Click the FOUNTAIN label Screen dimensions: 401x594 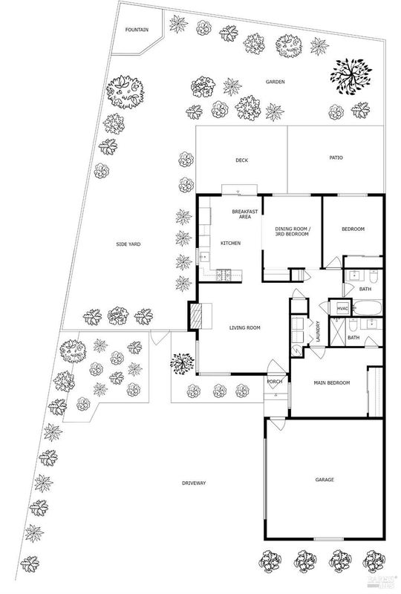[x=137, y=30]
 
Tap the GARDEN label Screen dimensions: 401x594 [x=276, y=82]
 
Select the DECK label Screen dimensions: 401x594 [x=242, y=160]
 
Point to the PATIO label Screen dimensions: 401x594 [x=336, y=157]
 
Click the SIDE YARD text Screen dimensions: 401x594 [x=128, y=244]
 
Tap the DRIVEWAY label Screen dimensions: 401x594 [x=194, y=483]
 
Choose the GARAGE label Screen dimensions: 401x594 [x=325, y=480]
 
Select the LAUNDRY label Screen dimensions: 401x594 [x=318, y=332]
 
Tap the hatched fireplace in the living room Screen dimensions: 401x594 [x=197, y=316]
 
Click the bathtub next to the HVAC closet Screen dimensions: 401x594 [x=368, y=307]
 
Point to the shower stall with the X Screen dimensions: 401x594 [x=337, y=332]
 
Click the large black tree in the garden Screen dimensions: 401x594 [x=351, y=76]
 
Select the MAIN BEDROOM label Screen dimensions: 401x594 [x=332, y=383]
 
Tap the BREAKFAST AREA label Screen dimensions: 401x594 [x=245, y=214]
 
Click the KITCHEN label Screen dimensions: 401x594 [x=230, y=244]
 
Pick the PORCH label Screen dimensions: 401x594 [x=275, y=382]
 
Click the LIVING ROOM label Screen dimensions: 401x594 [x=245, y=327]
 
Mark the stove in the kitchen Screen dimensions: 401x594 [x=224, y=275]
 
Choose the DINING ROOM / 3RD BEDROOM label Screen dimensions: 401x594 [x=292, y=232]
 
